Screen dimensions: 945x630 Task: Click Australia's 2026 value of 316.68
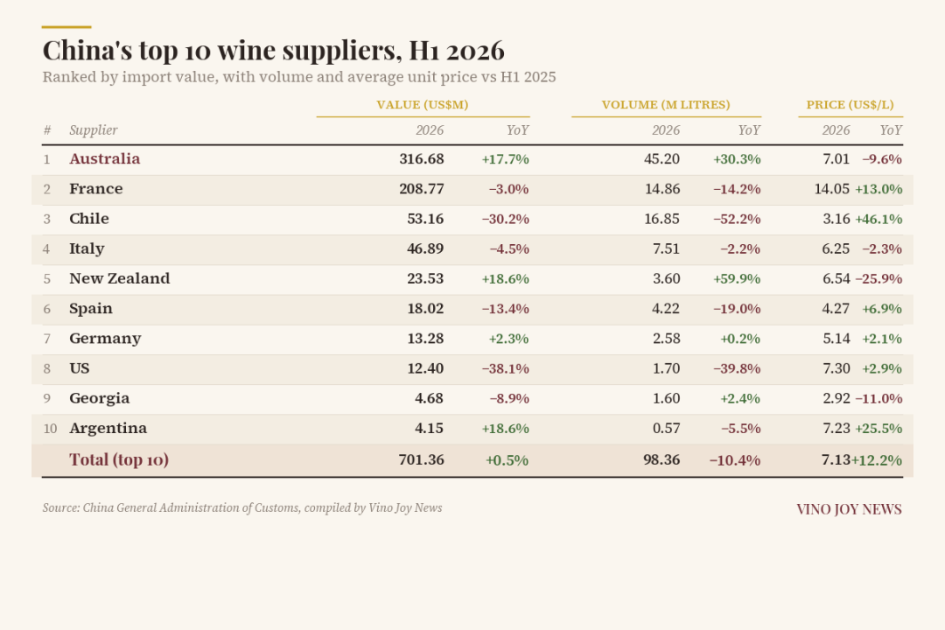click(x=421, y=159)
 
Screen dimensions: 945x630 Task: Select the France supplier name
click(x=96, y=189)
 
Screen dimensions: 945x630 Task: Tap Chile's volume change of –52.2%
click(x=737, y=219)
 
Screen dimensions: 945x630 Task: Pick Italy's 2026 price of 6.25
click(x=836, y=249)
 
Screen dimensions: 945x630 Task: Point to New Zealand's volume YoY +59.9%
click(x=737, y=279)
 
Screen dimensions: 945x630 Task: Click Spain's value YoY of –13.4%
click(x=506, y=309)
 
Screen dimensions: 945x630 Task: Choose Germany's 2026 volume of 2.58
click(x=667, y=339)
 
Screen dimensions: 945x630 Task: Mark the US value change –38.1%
click(x=506, y=369)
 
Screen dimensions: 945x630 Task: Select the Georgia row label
click(x=100, y=398)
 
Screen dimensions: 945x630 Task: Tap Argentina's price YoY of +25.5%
click(x=878, y=429)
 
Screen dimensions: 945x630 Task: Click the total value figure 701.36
click(x=421, y=460)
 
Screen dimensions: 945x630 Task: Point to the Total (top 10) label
click(x=119, y=460)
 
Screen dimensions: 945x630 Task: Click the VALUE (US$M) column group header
click(x=423, y=105)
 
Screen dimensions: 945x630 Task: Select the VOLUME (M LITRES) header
click(x=666, y=105)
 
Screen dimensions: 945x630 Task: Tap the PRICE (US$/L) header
click(x=850, y=105)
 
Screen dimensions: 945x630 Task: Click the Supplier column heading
click(x=94, y=131)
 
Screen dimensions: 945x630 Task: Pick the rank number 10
click(x=50, y=429)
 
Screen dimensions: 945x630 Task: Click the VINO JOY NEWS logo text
click(x=849, y=509)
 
